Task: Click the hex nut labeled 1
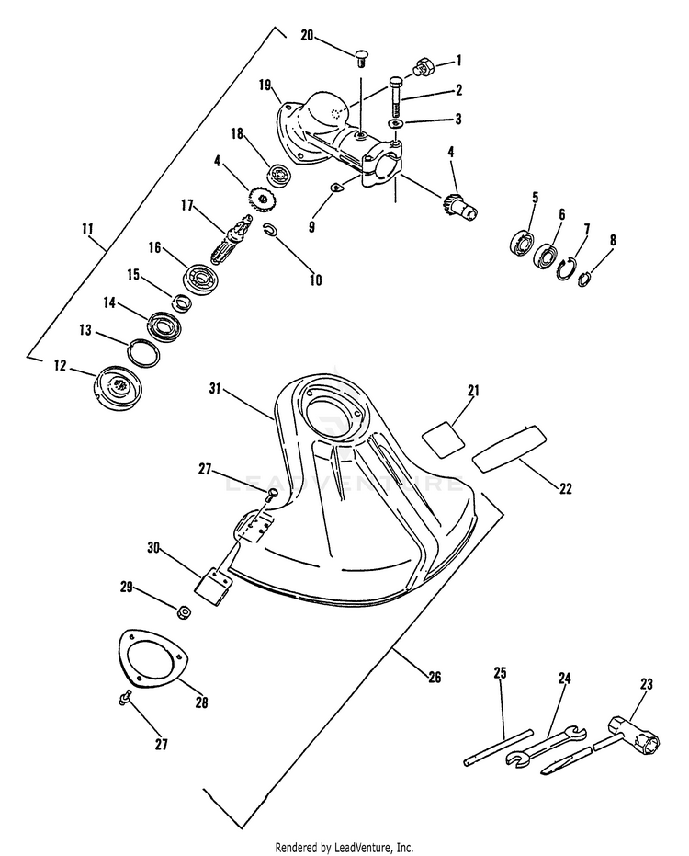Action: pos(425,66)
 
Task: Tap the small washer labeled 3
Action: pos(395,123)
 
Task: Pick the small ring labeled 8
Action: pos(585,277)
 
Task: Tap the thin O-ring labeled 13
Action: pos(141,352)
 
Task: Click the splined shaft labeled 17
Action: pos(229,242)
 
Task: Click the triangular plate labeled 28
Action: pos(152,658)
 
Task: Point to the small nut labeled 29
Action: pos(183,612)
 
